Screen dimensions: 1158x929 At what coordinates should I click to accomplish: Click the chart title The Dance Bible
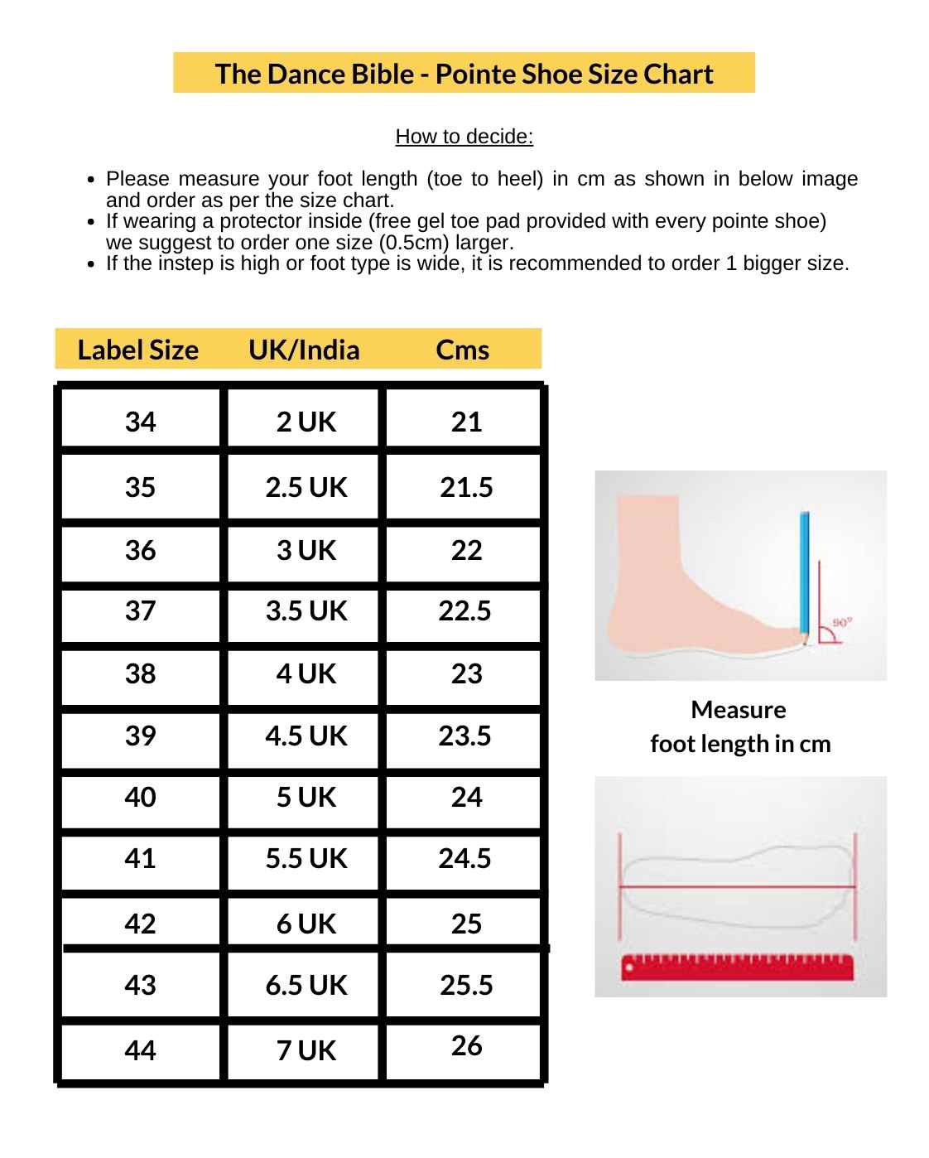click(x=464, y=74)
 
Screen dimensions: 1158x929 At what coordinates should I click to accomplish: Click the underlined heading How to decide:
click(x=464, y=137)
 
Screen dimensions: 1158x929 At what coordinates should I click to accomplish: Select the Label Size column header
click(x=137, y=350)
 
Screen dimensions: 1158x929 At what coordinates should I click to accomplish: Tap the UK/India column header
click(x=304, y=350)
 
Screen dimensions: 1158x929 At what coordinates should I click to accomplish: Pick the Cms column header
click(x=462, y=350)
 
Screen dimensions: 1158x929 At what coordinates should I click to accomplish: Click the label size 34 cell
click(x=140, y=422)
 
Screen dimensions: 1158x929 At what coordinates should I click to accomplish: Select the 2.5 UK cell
click(x=306, y=487)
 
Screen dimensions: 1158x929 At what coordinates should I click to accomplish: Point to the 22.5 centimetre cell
click(x=464, y=611)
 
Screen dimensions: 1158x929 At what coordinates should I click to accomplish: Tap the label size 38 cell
click(x=140, y=673)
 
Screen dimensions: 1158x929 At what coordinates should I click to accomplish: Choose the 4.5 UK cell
click(x=306, y=736)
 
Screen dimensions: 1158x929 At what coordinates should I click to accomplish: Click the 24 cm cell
click(x=466, y=797)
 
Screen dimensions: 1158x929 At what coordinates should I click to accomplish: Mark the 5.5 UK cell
click(x=306, y=858)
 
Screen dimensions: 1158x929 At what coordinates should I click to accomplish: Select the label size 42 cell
click(x=140, y=923)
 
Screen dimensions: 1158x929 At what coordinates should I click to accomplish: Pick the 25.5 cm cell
click(x=466, y=985)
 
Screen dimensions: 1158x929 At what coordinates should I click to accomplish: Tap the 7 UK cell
click(x=306, y=1050)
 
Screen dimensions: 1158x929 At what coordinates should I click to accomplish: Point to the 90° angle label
click(x=841, y=622)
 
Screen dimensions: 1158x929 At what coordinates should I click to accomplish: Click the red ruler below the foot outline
click(x=737, y=967)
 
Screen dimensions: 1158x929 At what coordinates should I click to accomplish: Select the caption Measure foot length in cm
click(x=739, y=726)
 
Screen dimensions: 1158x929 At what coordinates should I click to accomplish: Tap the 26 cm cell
click(x=466, y=1046)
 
